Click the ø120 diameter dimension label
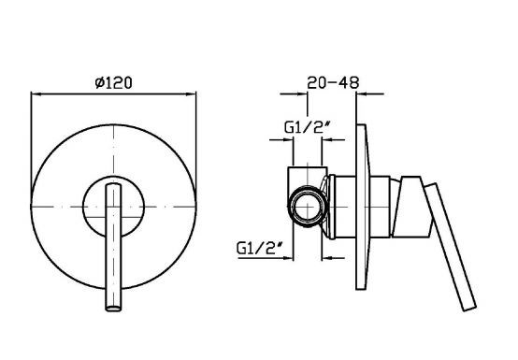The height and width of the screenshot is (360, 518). pos(113,82)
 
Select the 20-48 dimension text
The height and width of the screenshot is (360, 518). pos(333,82)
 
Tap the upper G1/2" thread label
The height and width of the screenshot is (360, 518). pos(308,127)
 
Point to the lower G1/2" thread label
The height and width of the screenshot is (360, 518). pos(260,248)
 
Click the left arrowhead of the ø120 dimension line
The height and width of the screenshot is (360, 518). pos(36,94)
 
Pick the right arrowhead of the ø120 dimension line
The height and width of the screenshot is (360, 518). pos(192,94)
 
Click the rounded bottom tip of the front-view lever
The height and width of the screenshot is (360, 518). pos(113,309)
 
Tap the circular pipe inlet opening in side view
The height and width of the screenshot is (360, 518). pos(308,207)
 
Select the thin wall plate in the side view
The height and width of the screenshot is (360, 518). pos(362,207)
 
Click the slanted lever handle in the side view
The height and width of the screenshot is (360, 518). pos(451,247)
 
